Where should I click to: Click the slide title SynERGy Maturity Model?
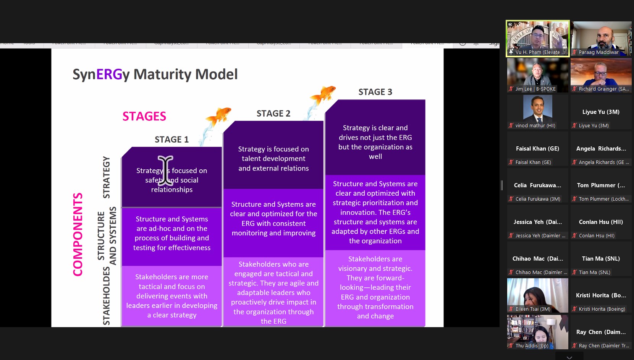155,74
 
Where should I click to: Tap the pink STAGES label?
144,116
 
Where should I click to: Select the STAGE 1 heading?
171,139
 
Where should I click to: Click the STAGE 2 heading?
273,114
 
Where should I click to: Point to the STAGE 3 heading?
375,92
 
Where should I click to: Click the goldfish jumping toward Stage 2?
218,116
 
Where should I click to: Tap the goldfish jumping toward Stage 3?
323,94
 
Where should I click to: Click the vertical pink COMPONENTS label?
78,234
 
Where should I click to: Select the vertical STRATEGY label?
106,177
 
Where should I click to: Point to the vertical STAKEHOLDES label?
106,296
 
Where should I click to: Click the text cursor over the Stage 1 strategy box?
165,170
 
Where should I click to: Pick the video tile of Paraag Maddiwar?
601,39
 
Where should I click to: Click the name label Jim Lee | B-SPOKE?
535,89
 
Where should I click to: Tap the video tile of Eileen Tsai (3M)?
537,295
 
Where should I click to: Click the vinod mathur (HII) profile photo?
537,109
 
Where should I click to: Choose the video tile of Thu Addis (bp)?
537,332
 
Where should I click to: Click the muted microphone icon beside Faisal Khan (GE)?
511,162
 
